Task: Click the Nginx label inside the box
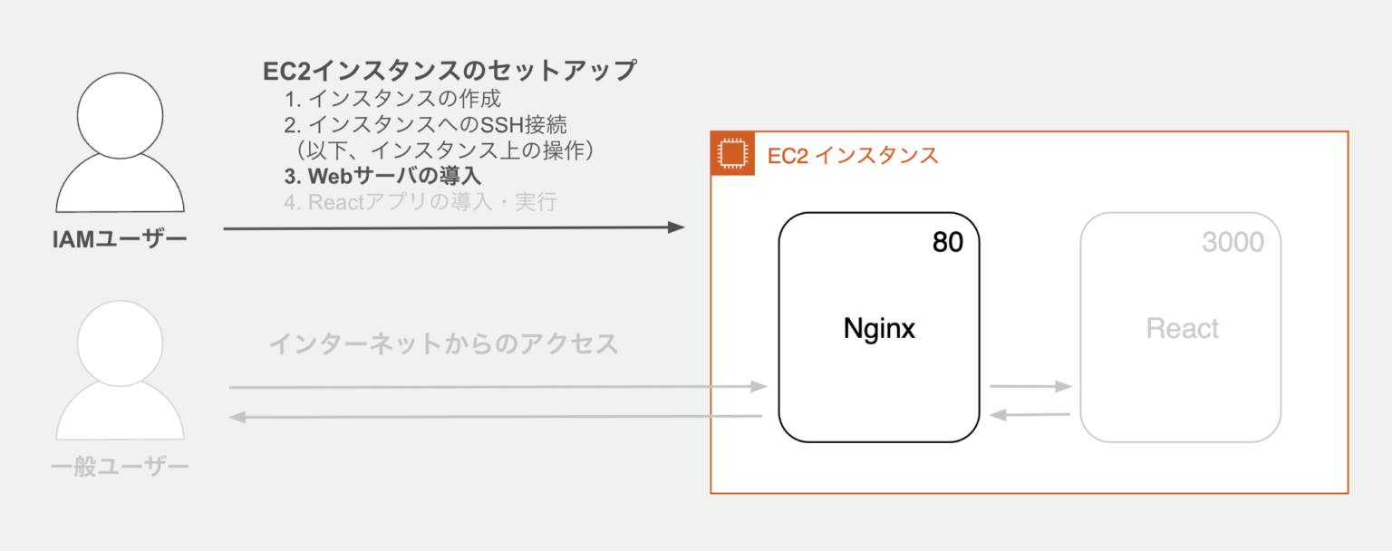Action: click(879, 328)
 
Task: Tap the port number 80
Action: click(947, 242)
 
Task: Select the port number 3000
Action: click(1232, 242)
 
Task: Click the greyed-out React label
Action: click(1182, 328)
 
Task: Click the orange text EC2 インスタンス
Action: click(853, 155)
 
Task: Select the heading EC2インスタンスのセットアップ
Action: click(449, 71)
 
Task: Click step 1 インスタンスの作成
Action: click(391, 98)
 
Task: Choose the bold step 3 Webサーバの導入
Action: click(382, 175)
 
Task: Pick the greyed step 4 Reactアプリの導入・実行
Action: click(420, 202)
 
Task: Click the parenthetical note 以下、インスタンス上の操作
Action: click(444, 149)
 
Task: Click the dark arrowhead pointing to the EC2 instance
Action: click(675, 227)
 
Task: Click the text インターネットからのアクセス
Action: click(443, 344)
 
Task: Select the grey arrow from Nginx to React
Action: click(1030, 387)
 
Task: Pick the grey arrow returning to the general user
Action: click(494, 417)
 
